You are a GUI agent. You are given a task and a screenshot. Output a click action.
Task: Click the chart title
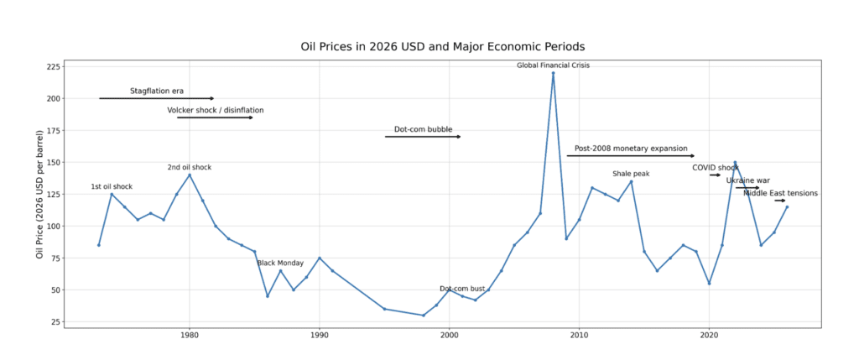(x=442, y=47)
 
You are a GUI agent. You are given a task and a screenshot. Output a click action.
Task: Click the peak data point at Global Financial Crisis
(x=553, y=73)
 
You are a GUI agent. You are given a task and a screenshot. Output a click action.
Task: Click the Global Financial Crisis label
(x=553, y=65)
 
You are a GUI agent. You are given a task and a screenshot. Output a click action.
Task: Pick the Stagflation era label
(x=156, y=91)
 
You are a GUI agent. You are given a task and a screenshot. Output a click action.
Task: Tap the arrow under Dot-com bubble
(x=423, y=137)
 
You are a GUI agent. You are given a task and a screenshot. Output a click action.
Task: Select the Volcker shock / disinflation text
(x=215, y=110)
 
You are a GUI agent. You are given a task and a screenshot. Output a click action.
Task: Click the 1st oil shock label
(x=112, y=186)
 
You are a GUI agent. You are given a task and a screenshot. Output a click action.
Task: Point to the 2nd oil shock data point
(x=190, y=175)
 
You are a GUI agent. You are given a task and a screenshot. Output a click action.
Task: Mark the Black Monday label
(x=280, y=263)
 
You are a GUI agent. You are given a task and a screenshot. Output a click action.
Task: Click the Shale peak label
(x=631, y=174)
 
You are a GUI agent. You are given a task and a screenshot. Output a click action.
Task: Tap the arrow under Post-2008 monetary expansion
(x=631, y=156)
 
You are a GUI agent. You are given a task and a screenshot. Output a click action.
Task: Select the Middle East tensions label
(x=780, y=193)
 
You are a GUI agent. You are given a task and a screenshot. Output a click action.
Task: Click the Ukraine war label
(x=747, y=180)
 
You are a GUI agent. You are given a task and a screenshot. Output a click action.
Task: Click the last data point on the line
(x=787, y=206)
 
